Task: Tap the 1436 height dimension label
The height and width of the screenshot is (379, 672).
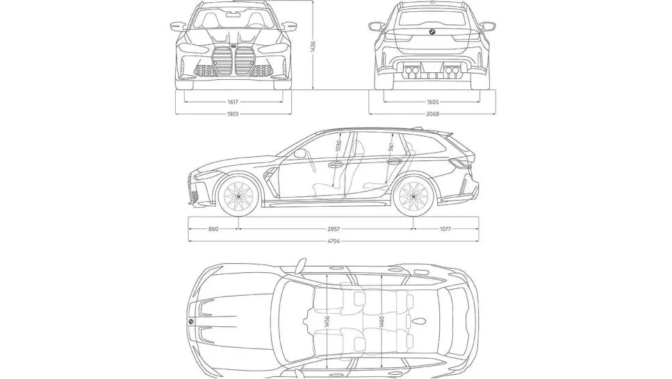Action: tap(313, 45)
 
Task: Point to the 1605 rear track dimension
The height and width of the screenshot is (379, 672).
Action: tap(432, 102)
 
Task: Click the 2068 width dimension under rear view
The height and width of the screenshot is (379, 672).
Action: tap(432, 114)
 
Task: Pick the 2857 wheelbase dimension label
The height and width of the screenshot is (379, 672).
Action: tap(327, 228)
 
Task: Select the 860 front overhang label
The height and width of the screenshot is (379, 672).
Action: tap(213, 228)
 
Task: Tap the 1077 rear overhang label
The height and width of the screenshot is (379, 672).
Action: tap(445, 228)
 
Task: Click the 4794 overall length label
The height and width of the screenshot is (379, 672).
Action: tap(333, 240)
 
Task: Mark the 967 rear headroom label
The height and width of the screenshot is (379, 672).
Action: tap(391, 147)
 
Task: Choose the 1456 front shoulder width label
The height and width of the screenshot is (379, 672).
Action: tap(327, 323)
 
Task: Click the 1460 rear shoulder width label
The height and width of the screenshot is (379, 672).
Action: tap(382, 323)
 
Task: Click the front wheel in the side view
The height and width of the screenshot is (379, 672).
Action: tap(238, 197)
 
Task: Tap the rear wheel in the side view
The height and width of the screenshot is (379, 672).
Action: tap(414, 197)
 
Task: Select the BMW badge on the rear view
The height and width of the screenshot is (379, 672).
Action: tap(432, 33)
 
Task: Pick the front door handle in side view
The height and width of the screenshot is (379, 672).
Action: tap(335, 165)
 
